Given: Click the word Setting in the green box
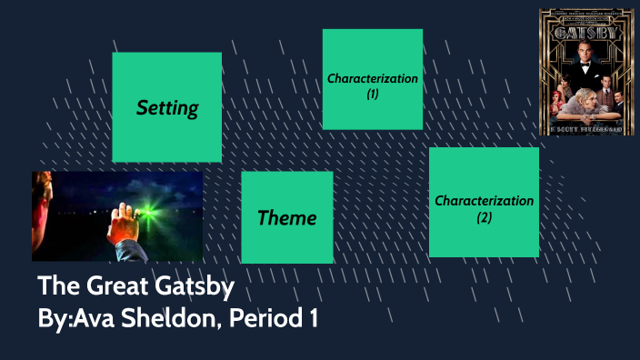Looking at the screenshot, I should (167, 108).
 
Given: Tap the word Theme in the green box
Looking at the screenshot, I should (287, 218).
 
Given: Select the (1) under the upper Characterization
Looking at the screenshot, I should (373, 94).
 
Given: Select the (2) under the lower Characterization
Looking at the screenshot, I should (484, 216).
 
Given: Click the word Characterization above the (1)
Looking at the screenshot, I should (373, 78).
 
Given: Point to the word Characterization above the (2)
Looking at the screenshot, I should (484, 200).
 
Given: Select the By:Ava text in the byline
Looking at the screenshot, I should (72, 319).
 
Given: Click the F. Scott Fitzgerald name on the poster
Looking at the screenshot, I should (586, 129).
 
